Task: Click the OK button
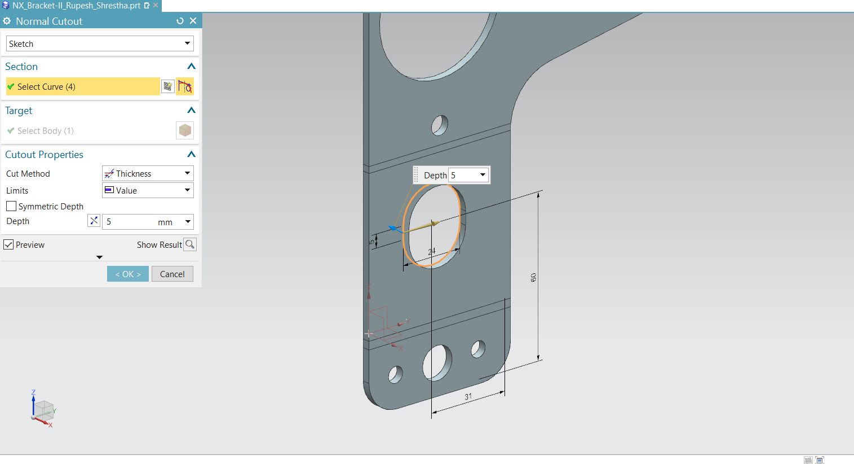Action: pyautogui.click(x=128, y=274)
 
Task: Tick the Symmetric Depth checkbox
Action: pyautogui.click(x=11, y=206)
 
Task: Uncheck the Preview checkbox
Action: pyautogui.click(x=8, y=244)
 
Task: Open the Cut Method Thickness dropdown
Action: pyautogui.click(x=148, y=173)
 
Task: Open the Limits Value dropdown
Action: pyautogui.click(x=148, y=190)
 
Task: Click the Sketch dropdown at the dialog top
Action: pyautogui.click(x=100, y=43)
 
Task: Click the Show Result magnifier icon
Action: pyautogui.click(x=190, y=244)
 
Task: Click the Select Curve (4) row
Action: pyautogui.click(x=83, y=86)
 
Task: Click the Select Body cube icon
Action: pyautogui.click(x=185, y=130)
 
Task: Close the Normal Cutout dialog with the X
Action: pyautogui.click(x=193, y=21)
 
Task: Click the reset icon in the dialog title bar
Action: pyautogui.click(x=180, y=21)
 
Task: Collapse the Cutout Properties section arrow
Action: pyautogui.click(x=191, y=154)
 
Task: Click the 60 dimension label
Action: pyautogui.click(x=533, y=277)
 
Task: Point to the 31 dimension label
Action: pyautogui.click(x=468, y=396)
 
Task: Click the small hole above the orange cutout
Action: pyautogui.click(x=440, y=125)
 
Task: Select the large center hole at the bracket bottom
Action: pyautogui.click(x=437, y=362)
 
